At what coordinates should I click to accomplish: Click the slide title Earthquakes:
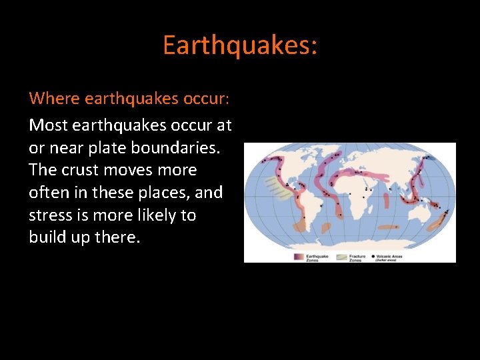(240, 45)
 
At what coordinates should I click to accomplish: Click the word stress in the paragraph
(48, 215)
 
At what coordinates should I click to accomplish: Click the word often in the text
(50, 193)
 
